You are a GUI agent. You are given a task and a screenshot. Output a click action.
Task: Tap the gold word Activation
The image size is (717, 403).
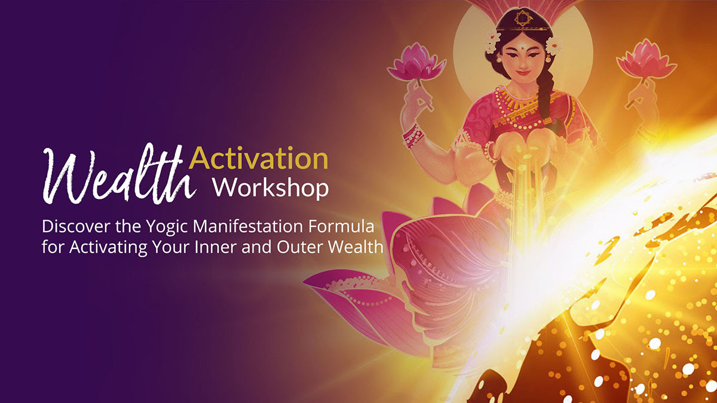tap(259, 158)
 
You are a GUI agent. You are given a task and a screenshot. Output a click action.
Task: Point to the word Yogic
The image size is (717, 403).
tap(167, 227)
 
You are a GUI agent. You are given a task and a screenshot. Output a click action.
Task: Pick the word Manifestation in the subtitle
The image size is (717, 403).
tap(248, 226)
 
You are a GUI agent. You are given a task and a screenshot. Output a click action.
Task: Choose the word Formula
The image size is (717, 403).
tap(342, 226)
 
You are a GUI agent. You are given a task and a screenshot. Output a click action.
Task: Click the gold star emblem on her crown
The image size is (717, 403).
tap(523, 18)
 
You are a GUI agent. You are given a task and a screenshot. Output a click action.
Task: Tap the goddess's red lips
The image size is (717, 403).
tap(523, 73)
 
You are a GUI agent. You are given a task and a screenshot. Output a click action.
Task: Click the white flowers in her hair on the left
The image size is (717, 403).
tap(492, 42)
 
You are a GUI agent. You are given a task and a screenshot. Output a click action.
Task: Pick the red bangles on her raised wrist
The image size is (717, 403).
tap(413, 136)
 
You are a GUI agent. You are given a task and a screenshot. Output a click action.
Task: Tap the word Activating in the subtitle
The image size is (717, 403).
tap(108, 248)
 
